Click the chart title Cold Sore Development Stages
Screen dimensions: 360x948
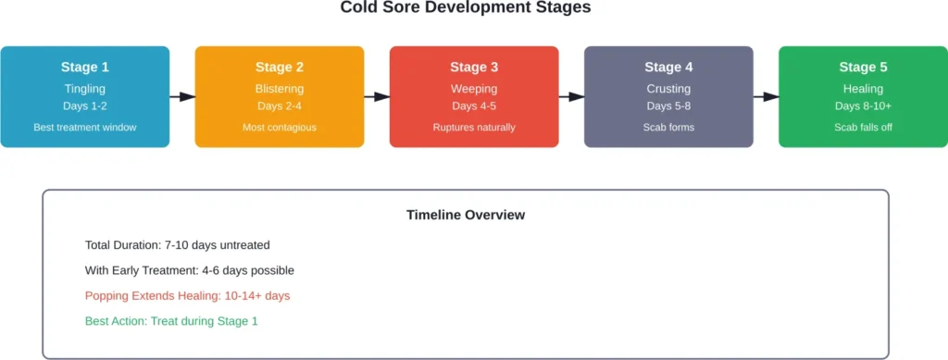tap(466, 8)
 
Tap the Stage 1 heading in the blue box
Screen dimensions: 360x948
tap(85, 67)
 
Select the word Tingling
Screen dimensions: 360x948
tap(85, 89)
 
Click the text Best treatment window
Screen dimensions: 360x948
tap(85, 127)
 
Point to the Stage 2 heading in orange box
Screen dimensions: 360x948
tap(280, 67)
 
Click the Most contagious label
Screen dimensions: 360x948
tap(280, 127)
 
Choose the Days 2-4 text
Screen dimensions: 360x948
tap(280, 106)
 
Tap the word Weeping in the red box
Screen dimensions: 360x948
tap(474, 89)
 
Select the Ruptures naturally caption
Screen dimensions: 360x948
tap(474, 127)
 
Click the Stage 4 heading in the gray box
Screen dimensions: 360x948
tap(668, 67)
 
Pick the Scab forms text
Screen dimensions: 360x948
tap(668, 127)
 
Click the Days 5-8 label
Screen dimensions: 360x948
tap(668, 106)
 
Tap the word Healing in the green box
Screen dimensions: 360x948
tap(863, 89)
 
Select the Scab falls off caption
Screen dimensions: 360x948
tap(863, 127)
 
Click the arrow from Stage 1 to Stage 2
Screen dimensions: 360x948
tap(182, 96)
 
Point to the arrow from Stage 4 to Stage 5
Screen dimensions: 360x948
tap(766, 96)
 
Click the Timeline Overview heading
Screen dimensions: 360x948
tap(466, 215)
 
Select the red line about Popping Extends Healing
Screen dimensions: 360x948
tap(188, 296)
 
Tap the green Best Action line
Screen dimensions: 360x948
tap(171, 321)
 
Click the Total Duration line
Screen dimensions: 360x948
tap(177, 245)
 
